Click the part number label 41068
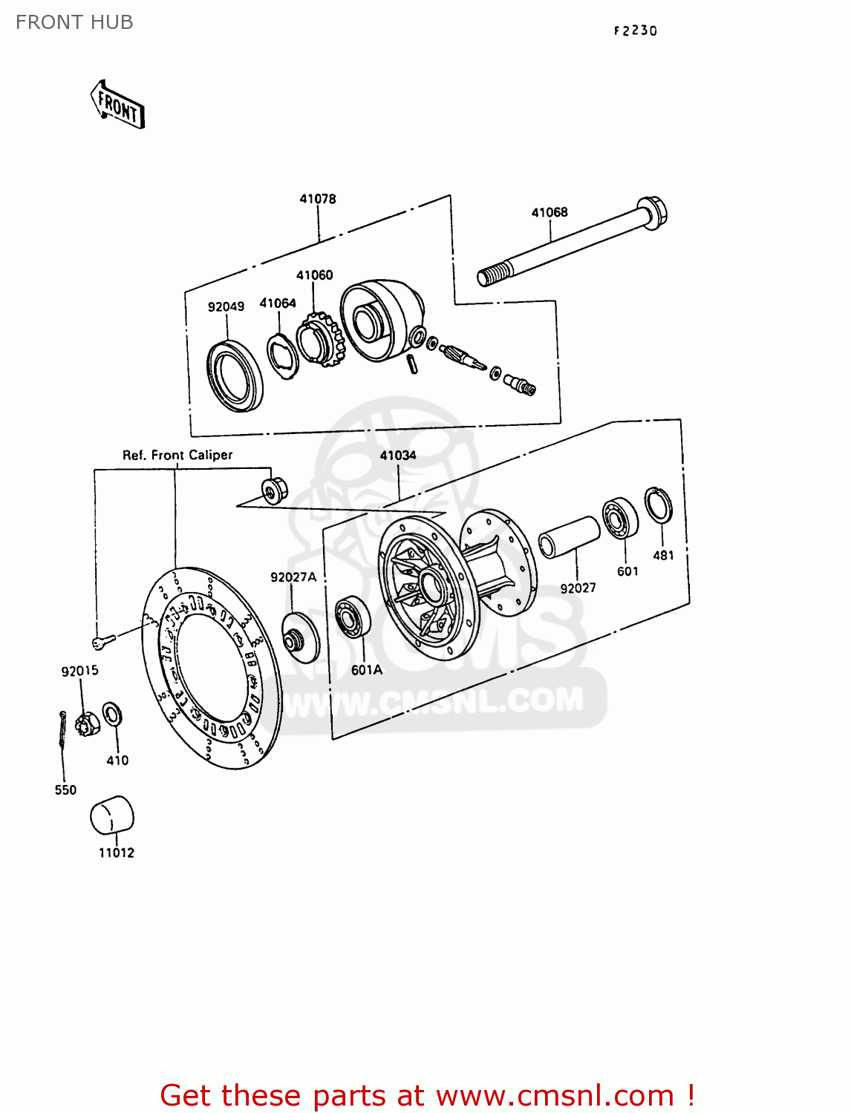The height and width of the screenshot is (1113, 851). pos(550,212)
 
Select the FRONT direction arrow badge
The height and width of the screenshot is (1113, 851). pos(117,106)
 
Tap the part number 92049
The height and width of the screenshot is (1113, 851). pos(226,306)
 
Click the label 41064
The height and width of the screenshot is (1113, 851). pos(278,303)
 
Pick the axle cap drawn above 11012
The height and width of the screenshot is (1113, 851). pos(111,816)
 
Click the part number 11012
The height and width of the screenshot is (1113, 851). pos(117,853)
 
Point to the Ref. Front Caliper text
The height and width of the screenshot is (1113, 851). pos(177,455)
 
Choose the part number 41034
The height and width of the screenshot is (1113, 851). pos(398,455)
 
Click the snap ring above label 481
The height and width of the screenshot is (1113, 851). pos(658,506)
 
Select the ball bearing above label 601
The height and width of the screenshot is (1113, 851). pos(621,519)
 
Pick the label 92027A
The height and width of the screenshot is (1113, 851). pos(293,577)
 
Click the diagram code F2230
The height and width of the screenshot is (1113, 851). pos(636,30)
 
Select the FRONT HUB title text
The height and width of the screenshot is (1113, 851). pos(74,22)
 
